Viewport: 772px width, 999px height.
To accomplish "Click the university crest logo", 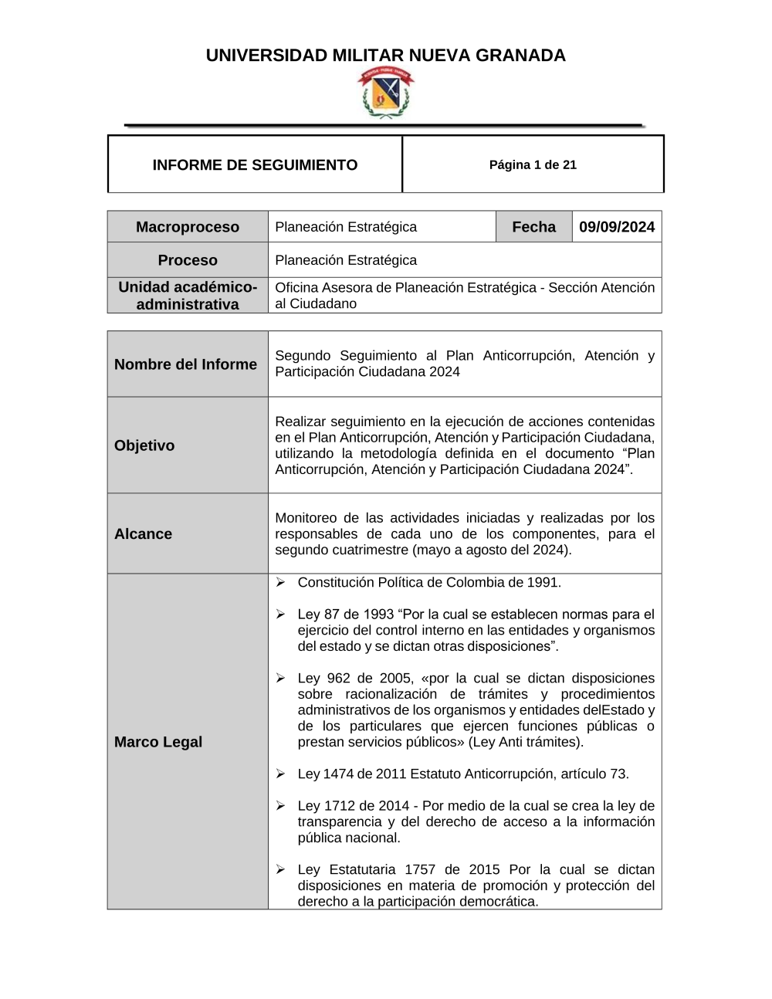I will (385, 93).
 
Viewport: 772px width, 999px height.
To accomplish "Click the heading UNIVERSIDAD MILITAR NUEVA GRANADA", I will (385, 56).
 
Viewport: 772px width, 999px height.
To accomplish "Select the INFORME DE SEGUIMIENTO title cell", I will (255, 164).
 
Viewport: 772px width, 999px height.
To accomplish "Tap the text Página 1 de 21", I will (533, 164).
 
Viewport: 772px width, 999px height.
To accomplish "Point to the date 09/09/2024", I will (617, 227).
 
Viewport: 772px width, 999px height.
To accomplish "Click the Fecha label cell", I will (533, 227).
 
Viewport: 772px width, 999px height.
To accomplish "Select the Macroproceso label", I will (188, 227).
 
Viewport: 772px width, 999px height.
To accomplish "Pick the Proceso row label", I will (188, 260).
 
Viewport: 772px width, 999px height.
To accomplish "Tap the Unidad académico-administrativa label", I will (188, 296).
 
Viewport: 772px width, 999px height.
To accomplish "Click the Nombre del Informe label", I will (185, 364).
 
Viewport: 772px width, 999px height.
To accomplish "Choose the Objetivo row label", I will (144, 445).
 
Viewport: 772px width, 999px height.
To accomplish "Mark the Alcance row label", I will (143, 534).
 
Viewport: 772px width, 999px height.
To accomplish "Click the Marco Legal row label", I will (158, 742).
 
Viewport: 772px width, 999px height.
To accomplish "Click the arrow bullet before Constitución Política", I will (281, 582).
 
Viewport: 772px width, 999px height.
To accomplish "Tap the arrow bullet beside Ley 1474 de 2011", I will (281, 774).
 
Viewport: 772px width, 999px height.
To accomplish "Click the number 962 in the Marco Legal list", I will (338, 678).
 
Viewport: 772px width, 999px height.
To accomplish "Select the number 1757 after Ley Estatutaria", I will (420, 869).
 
